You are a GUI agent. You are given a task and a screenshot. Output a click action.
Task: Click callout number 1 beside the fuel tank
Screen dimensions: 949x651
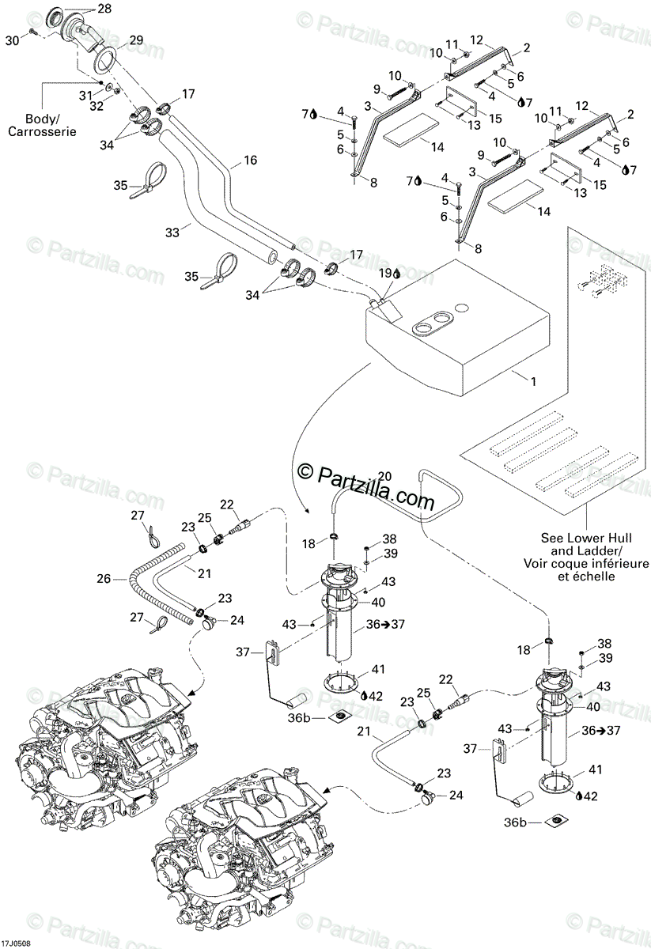pos(532,381)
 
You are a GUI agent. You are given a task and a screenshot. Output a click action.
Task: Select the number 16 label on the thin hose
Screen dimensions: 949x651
pos(250,161)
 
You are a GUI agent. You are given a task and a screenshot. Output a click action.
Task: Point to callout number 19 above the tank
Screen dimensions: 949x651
pos(384,274)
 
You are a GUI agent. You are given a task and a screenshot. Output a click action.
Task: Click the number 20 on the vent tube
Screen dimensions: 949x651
pos(384,476)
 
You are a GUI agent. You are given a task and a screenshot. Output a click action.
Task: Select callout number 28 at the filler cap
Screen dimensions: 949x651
pos(105,9)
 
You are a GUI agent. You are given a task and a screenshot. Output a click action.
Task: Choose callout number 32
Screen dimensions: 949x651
pos(95,105)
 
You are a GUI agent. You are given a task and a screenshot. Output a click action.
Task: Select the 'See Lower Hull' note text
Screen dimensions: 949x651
pos(584,536)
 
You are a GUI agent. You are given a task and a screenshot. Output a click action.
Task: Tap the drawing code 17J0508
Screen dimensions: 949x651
pos(17,943)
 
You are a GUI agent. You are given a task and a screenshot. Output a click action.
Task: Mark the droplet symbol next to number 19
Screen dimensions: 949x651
pos(396,274)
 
